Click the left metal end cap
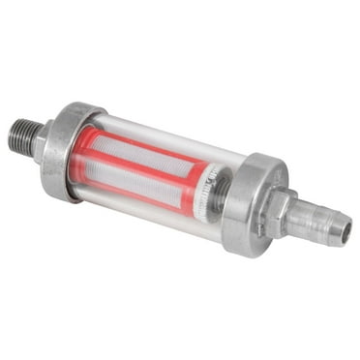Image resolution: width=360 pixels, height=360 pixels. [x=68, y=151]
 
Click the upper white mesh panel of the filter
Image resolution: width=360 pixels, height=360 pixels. [x=145, y=155]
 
